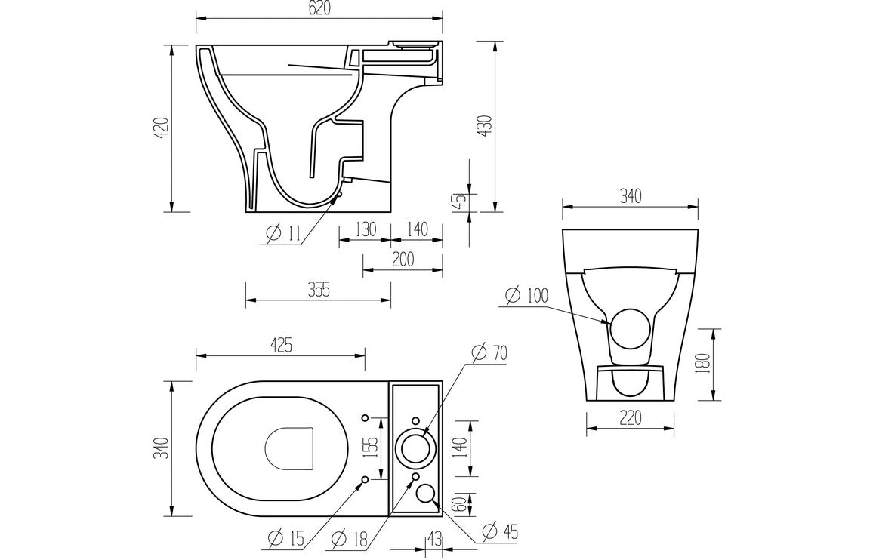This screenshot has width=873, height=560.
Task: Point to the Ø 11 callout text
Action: [283, 235]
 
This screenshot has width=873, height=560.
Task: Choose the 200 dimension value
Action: [403, 259]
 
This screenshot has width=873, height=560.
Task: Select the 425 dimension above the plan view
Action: [280, 345]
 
